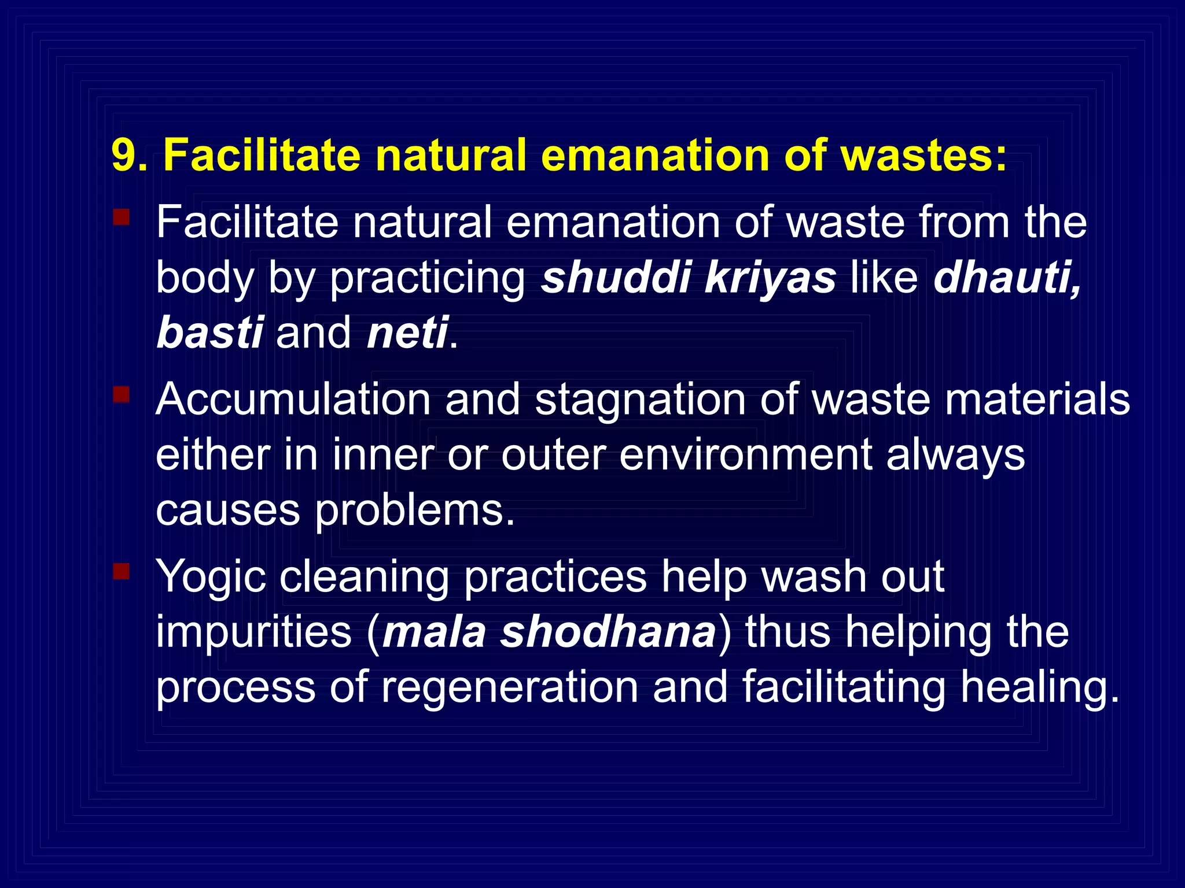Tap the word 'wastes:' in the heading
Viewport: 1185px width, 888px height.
click(x=923, y=155)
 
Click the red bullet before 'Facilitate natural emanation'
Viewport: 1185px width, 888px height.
click(x=121, y=217)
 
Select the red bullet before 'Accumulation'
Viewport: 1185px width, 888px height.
click(x=121, y=395)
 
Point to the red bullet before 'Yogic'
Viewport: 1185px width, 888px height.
click(x=121, y=571)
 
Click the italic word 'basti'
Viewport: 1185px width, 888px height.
click(x=209, y=332)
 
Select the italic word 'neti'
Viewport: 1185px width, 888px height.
click(x=407, y=332)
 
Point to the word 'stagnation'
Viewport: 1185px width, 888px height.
click(x=640, y=400)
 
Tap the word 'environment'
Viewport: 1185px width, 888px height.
click(x=745, y=454)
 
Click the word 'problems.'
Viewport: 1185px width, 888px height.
click(x=414, y=511)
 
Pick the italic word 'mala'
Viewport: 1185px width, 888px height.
click(x=434, y=631)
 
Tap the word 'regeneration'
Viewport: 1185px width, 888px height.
click(x=510, y=687)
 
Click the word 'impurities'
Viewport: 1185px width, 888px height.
click(x=254, y=631)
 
